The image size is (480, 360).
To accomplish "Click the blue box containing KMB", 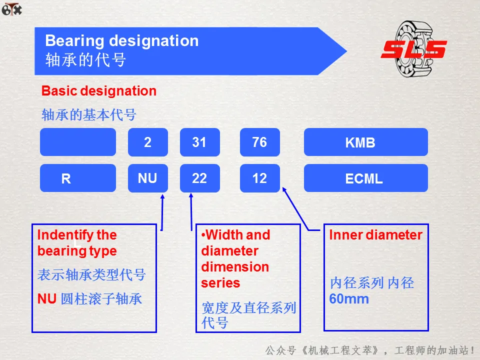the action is coord(366,142).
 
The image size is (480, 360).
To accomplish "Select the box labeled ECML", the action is coord(366,178).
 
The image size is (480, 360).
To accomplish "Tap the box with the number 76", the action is coord(260,142).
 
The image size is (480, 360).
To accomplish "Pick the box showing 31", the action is coord(200,142).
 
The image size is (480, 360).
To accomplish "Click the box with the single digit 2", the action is coord(148,142).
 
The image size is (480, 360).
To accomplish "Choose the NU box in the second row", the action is coord(148,178).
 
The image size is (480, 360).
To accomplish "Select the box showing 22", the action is coord(200,178).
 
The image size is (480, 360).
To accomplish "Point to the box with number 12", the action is coord(260,178).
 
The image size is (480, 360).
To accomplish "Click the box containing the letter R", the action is coord(78,178).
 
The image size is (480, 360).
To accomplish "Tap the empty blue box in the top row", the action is coord(78,142).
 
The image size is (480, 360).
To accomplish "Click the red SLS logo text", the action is coord(414,49).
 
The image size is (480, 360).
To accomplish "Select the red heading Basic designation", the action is coord(99,91).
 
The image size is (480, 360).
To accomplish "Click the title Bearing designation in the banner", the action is coord(122,40).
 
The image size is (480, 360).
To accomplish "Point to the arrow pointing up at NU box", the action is coord(162,212).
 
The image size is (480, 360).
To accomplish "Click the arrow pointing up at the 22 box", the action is coord(191,212).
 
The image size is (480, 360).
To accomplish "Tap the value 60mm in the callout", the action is coord(349,299).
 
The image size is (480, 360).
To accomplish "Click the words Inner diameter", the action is coord(375,235).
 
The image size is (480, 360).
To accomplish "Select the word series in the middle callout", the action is coord(220,283).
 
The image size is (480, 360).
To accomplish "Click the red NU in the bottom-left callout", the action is coord(47,299).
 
